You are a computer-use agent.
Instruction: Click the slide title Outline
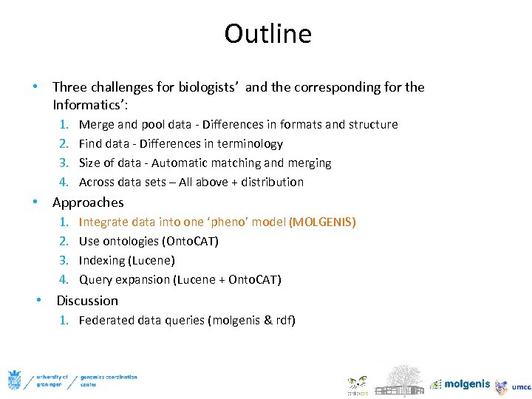point(267,34)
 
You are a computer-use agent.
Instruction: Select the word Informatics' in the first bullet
point(86,104)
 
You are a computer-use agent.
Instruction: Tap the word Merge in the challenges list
point(96,125)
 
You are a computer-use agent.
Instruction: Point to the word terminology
point(249,144)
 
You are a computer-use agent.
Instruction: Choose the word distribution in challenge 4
point(273,183)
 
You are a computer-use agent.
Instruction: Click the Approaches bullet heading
point(88,202)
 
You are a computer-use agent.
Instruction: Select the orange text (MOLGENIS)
point(322,222)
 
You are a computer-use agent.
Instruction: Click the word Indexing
point(101,261)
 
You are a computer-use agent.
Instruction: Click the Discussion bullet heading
point(87,301)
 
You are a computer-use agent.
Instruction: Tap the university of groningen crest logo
point(14,380)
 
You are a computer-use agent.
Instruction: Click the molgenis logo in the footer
point(460,383)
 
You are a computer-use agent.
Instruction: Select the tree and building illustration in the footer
point(398,378)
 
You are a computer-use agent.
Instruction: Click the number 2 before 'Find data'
point(64,144)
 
